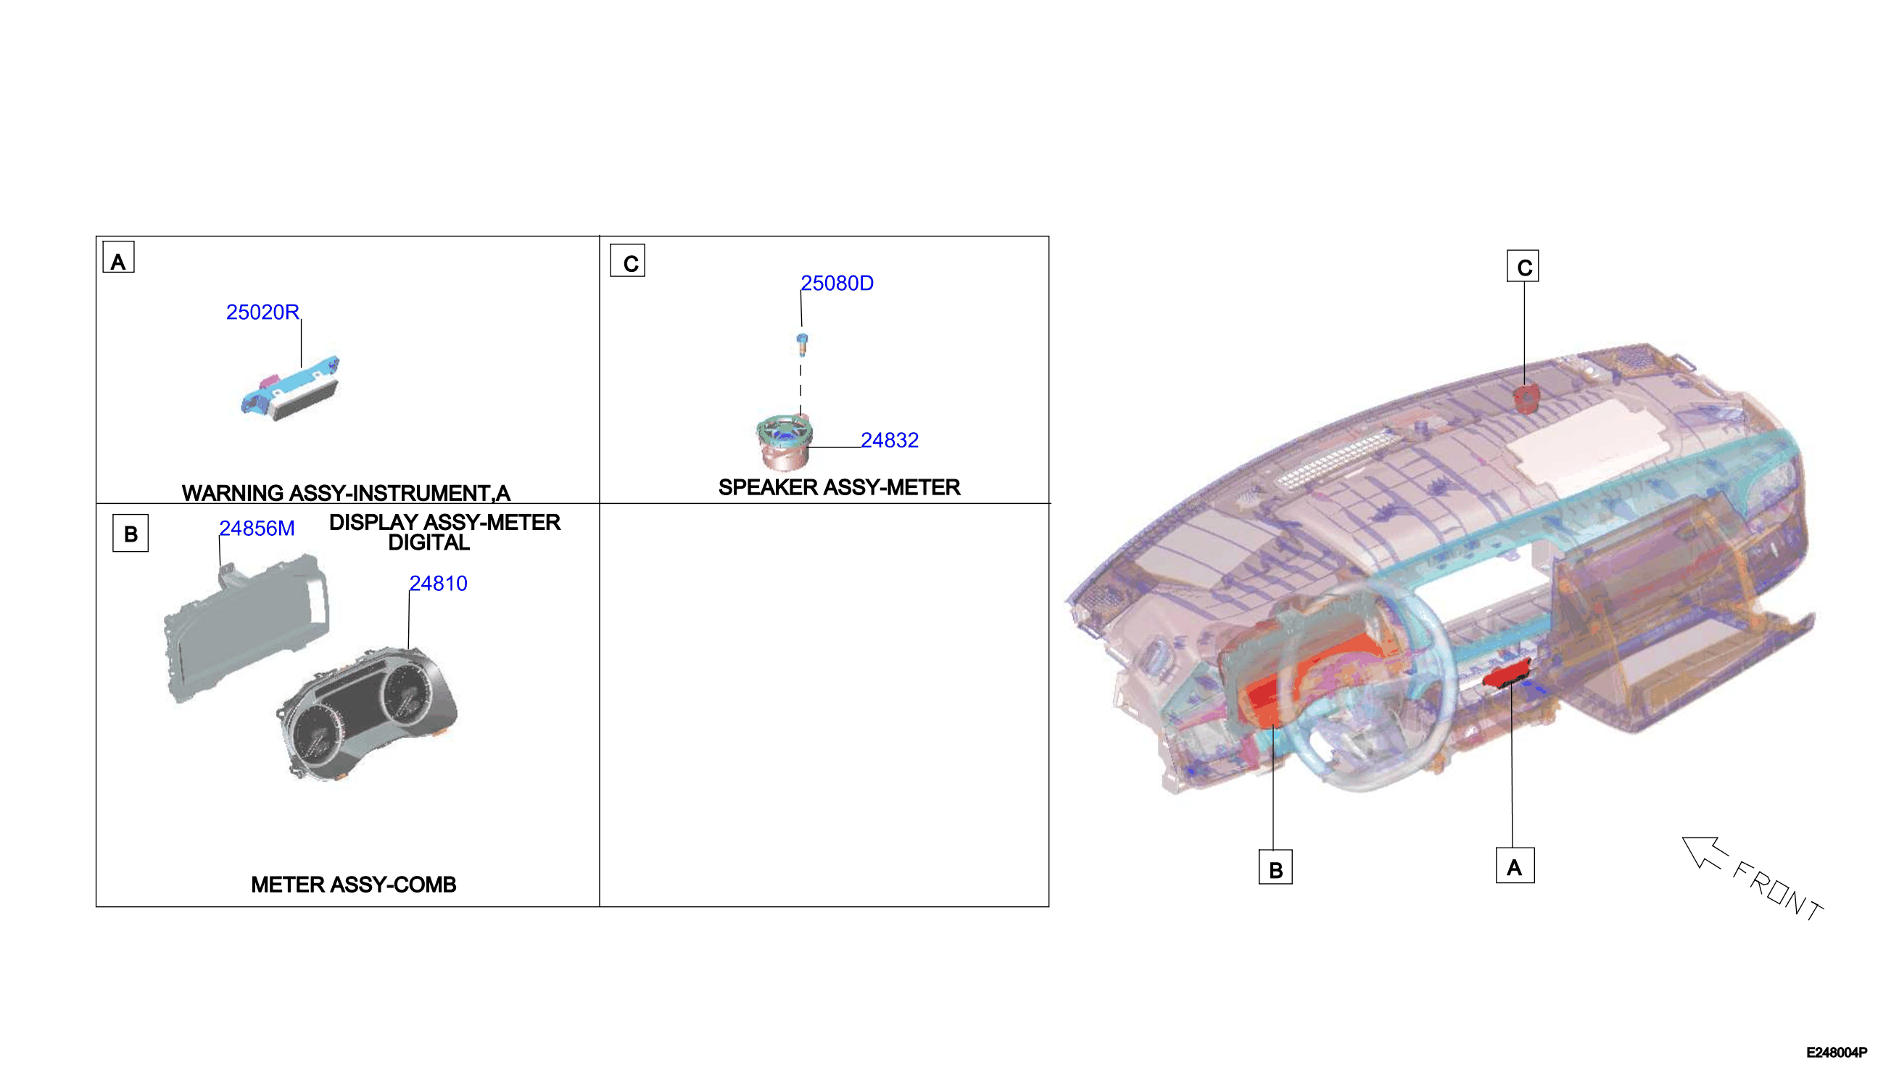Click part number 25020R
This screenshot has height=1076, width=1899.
[262, 313]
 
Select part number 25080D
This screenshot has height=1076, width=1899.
[837, 284]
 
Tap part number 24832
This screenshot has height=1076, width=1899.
[890, 440]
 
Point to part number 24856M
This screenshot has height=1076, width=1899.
[257, 529]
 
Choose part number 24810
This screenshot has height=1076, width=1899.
[438, 584]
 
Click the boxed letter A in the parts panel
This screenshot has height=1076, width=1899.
[118, 257]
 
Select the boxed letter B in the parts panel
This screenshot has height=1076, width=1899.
[130, 534]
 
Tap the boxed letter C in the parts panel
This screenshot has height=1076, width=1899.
[627, 261]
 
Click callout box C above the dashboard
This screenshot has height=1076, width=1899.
[1523, 266]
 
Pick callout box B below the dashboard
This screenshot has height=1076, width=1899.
[1275, 868]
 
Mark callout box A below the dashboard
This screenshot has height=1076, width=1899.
[1515, 866]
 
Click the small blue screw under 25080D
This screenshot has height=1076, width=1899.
[803, 344]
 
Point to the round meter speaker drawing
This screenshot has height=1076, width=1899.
[785, 443]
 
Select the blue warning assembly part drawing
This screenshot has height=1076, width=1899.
[290, 389]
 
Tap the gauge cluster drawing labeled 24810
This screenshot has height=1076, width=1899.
[367, 713]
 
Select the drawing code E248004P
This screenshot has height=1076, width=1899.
[1837, 1053]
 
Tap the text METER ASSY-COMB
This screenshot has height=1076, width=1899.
[353, 885]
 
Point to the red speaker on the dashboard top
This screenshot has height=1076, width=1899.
[1524, 399]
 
